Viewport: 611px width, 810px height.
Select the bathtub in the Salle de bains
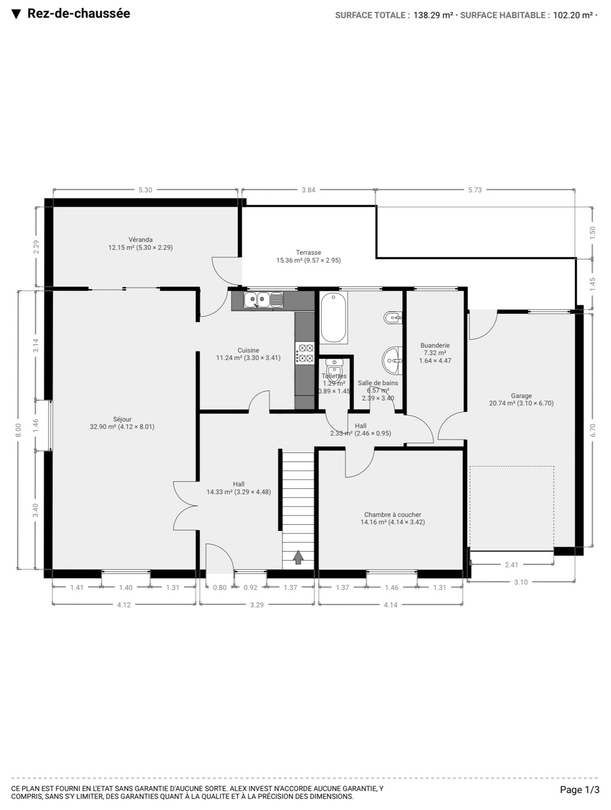coord(333,318)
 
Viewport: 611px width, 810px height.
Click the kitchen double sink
coord(263,299)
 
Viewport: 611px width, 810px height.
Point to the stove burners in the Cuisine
coord(305,353)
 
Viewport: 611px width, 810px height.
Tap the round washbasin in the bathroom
coord(392,360)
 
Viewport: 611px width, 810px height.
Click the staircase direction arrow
coord(298,557)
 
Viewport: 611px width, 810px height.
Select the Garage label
coord(521,396)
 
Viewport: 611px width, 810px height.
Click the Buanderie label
coord(435,345)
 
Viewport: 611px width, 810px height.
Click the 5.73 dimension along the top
coord(475,190)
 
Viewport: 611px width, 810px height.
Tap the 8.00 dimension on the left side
coord(19,430)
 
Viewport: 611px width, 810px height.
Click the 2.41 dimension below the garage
coord(511,565)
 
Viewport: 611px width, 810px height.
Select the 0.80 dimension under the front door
coord(219,587)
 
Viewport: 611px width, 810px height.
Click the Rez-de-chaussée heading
coord(79,13)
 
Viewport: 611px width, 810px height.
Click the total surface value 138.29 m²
coord(433,15)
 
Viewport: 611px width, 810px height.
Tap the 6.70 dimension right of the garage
coord(592,430)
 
